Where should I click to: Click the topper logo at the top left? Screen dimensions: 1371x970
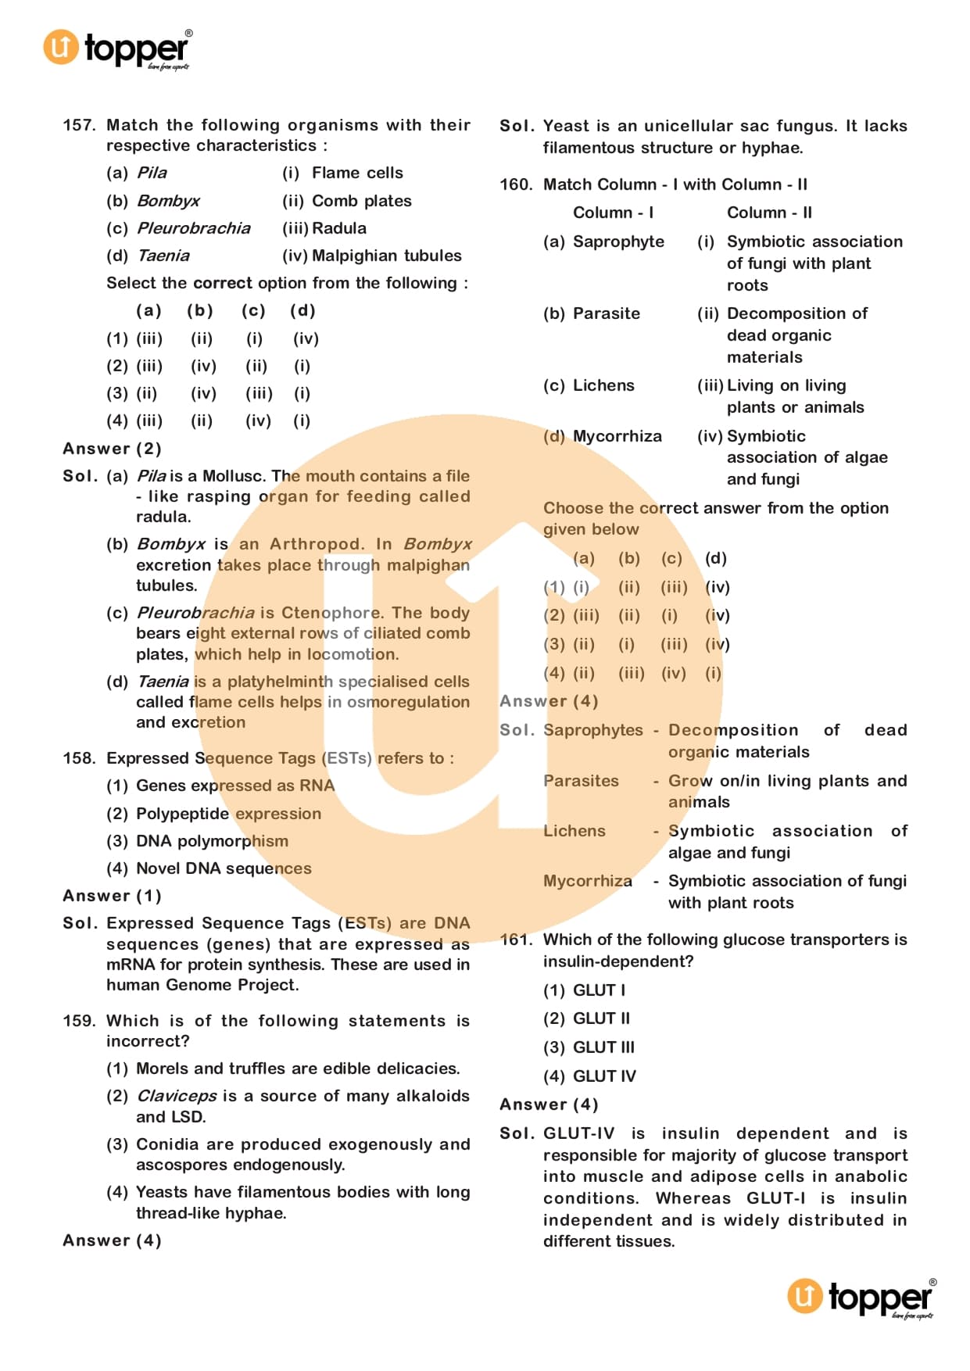117,48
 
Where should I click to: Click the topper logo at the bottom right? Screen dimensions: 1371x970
861,1298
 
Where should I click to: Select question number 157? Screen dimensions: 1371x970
79,125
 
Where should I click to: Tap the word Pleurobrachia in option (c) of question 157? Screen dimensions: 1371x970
194,228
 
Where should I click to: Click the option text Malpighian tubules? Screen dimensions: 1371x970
386,256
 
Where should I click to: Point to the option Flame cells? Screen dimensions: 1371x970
357,173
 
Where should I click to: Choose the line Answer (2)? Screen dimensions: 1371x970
112,449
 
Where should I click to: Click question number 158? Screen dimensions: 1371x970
79,758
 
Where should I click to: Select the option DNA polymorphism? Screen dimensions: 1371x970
212,841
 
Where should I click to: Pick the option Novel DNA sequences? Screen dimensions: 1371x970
224,868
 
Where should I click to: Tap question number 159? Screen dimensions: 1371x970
79,1021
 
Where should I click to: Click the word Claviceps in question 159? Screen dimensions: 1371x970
177,1096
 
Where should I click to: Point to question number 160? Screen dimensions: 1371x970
516,184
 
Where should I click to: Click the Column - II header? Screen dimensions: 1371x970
769,213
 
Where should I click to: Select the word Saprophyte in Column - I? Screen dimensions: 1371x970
618,242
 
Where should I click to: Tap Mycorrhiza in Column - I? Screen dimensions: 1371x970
617,436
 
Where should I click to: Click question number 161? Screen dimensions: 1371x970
516,940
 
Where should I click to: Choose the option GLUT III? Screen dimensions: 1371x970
603,1047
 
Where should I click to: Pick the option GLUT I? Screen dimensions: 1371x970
599,990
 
